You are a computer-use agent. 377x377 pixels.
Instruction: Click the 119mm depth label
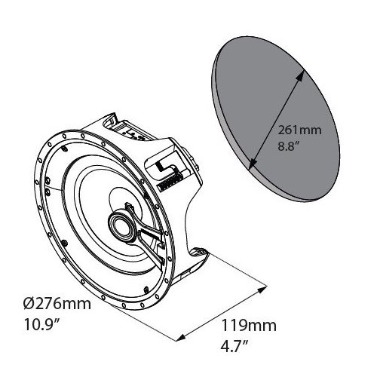click(238, 326)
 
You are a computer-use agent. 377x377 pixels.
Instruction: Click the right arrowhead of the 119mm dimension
click(266, 286)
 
